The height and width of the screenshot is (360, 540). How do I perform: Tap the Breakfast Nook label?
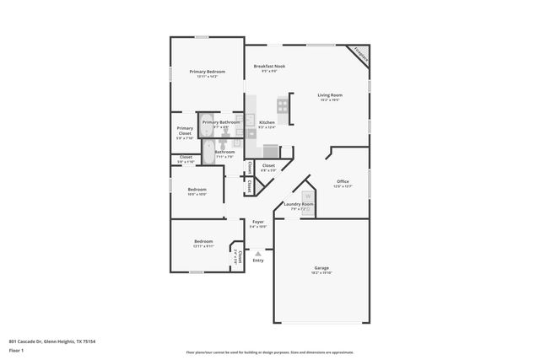tap(269, 67)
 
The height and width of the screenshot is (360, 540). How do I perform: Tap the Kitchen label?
tap(267, 123)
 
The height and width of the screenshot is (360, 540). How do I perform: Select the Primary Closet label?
tap(185, 131)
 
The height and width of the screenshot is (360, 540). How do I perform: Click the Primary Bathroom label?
tap(221, 123)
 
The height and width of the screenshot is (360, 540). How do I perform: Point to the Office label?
tap(343, 181)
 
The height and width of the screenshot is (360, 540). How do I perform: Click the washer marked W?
tap(308, 196)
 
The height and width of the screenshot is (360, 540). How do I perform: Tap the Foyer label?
tap(258, 223)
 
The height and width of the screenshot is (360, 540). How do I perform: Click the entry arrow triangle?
tap(258, 252)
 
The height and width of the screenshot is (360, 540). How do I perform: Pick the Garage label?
tap(321, 269)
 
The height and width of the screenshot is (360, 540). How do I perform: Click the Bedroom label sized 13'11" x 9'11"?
tap(202, 242)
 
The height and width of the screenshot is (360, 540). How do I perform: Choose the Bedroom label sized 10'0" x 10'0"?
tap(197, 190)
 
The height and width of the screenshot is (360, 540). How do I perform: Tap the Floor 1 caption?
tap(16, 349)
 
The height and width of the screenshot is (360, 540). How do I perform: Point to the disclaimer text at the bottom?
tap(269, 352)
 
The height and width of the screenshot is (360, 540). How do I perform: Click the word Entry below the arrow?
tap(258, 260)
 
